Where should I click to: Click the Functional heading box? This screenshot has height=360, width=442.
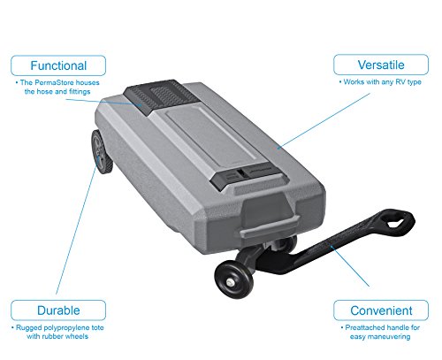(x=58, y=65)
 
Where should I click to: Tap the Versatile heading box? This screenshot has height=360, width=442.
(x=381, y=65)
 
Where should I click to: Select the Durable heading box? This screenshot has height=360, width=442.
(x=58, y=310)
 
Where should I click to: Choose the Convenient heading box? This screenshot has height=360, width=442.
(x=381, y=310)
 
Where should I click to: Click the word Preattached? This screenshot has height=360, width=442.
(x=362, y=327)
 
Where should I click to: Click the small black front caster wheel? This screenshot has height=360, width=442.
(x=233, y=280)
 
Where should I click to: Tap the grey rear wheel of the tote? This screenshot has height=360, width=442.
(x=102, y=151)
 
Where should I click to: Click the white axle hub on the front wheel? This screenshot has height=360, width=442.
(x=231, y=282)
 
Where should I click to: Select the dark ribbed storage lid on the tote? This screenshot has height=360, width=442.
(x=161, y=95)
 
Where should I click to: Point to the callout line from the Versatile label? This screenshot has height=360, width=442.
(x=324, y=120)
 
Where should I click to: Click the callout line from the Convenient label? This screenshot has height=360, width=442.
(x=349, y=265)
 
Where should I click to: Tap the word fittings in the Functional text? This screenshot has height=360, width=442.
(x=80, y=92)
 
